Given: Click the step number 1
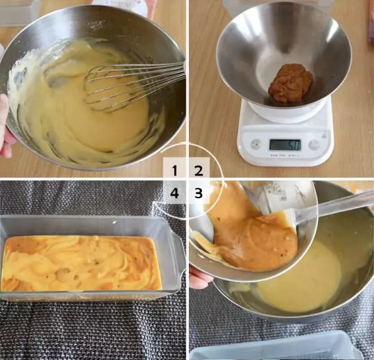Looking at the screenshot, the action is [x=175, y=171].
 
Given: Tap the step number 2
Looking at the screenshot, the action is [x=199, y=171].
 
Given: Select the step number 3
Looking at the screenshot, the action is [x=198, y=193].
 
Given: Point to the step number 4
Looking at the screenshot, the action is [x=175, y=193].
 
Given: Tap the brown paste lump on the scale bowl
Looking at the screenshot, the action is [x=290, y=83].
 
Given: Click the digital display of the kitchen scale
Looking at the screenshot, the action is [x=285, y=145].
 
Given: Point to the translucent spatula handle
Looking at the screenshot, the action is [x=334, y=207].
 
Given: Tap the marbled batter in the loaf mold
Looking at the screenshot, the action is [x=80, y=263].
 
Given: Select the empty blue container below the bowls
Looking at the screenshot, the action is [x=274, y=347].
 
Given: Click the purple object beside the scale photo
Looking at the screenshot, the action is [x=370, y=21].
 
